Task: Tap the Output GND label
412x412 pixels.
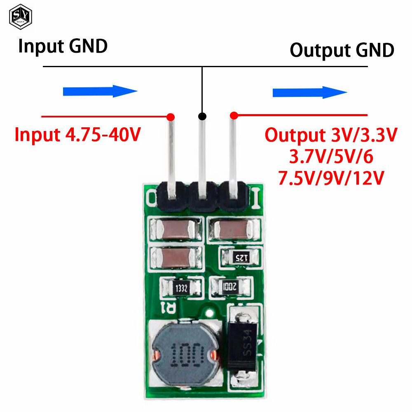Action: pyautogui.click(x=342, y=50)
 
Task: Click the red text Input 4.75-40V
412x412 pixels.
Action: pyautogui.click(x=78, y=135)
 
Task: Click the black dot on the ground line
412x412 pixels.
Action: pyautogui.click(x=202, y=116)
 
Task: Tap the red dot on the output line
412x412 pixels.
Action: pyautogui.click(x=234, y=116)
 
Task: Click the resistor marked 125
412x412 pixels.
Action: pyautogui.click(x=240, y=257)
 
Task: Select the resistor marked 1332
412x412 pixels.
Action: pyautogui.click(x=181, y=288)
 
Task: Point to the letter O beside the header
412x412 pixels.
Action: pyautogui.click(x=151, y=198)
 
